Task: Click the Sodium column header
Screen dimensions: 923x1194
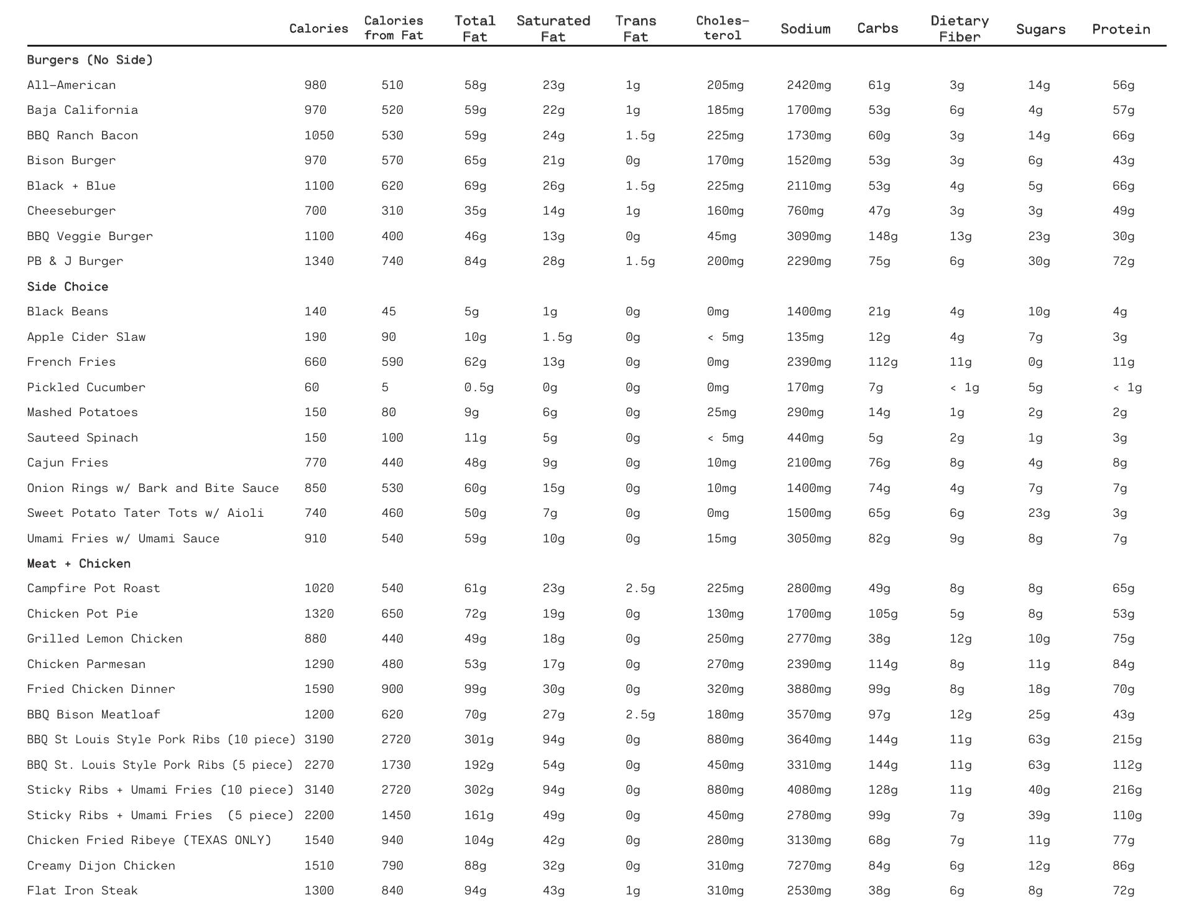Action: (805, 29)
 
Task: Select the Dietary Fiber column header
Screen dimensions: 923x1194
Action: (960, 29)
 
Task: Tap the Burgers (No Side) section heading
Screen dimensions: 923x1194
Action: (90, 60)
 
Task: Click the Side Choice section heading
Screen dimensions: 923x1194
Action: (67, 287)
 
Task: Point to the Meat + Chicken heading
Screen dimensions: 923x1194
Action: (78, 564)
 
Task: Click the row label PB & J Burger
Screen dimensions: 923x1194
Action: (75, 261)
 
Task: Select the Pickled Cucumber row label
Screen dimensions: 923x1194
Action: (86, 387)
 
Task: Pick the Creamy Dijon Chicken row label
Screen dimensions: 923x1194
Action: (101, 866)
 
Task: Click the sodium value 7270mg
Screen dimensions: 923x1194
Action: (808, 866)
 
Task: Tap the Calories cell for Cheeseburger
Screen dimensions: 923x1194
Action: (315, 211)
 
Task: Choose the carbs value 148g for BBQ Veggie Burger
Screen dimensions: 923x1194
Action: (882, 236)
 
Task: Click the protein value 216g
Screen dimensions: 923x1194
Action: (1127, 790)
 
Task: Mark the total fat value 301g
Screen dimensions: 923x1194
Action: (479, 740)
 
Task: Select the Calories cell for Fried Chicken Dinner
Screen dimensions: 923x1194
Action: (319, 689)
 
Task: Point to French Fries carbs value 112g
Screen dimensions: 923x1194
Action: (882, 362)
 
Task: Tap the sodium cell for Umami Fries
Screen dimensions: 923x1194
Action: (808, 539)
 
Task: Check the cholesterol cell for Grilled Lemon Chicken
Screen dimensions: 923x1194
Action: (725, 639)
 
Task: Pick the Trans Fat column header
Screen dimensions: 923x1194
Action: (636, 29)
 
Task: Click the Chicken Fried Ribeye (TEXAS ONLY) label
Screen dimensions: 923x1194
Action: (149, 840)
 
